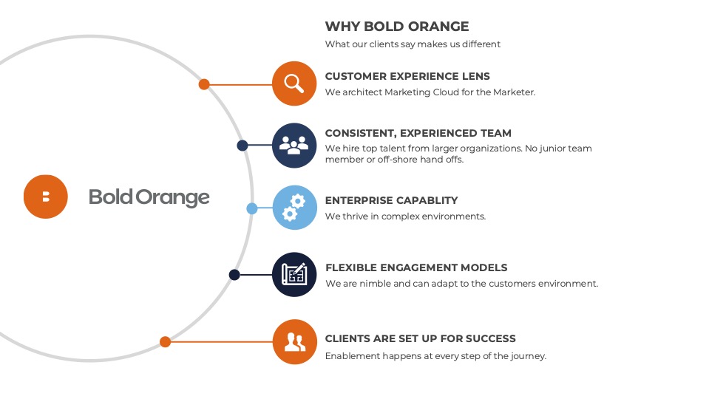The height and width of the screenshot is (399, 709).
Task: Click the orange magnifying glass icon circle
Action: coord(294,83)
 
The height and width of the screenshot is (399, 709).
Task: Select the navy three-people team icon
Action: coord(294,146)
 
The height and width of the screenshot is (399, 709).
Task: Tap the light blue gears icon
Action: coord(295,208)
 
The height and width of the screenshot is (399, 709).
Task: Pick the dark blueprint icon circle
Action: coord(294,274)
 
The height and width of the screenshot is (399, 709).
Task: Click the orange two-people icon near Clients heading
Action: coord(295,341)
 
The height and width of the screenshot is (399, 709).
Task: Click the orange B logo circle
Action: coord(46,197)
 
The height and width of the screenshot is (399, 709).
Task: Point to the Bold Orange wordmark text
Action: coord(149,197)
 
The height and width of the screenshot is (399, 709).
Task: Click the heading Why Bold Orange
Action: coord(397,26)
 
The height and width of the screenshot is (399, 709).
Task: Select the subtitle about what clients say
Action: coord(413,44)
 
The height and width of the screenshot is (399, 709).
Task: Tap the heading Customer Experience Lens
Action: coord(407,76)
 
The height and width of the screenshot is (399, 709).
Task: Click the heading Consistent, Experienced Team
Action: coord(418,133)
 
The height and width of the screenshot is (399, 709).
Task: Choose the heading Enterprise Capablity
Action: coord(392,200)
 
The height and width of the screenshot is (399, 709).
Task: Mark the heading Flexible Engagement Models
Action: coord(416,267)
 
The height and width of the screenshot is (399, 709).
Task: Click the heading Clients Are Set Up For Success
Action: coord(421,338)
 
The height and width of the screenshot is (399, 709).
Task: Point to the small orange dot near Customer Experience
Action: coord(204,84)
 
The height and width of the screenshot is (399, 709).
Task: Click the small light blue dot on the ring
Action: coord(252,208)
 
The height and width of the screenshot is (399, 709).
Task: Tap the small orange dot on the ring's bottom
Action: coord(166,341)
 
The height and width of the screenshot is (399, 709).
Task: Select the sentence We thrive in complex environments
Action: coord(406,216)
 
